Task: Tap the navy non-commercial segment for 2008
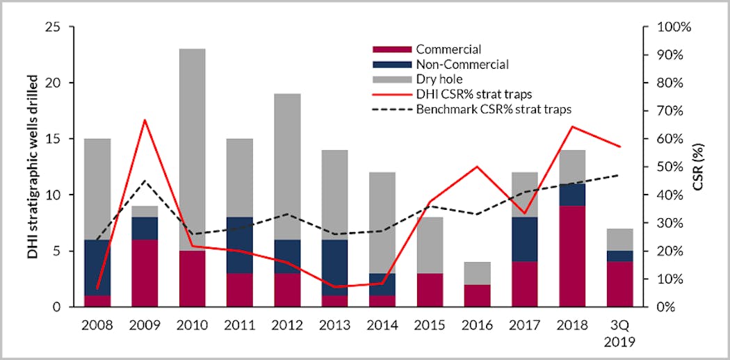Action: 98,268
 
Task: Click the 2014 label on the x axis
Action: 384,325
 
